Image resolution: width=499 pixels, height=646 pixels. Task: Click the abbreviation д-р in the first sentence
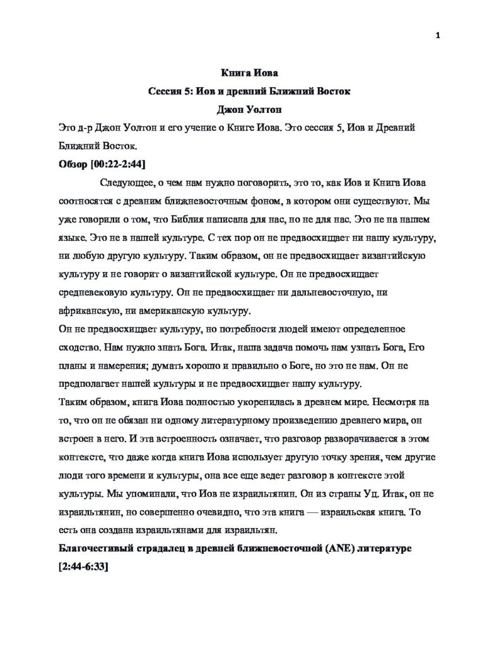[x=76, y=129]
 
